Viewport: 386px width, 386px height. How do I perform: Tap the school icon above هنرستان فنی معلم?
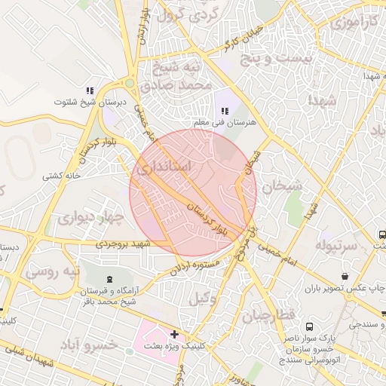pos(225,111)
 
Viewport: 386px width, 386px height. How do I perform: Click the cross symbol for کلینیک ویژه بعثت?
pos(175,333)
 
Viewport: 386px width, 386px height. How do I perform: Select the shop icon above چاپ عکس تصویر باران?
pos(345,277)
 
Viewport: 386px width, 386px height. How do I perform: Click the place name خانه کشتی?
pos(62,176)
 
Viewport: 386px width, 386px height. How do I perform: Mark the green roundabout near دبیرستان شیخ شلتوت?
pos(130,83)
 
